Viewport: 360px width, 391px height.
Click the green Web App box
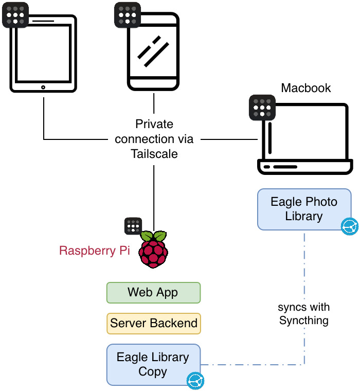click(x=153, y=293)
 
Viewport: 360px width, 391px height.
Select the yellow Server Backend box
click(x=153, y=324)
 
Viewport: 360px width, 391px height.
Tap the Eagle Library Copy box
click(x=153, y=364)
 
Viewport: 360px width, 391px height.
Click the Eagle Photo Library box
click(x=303, y=208)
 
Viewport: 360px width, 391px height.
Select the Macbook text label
click(x=305, y=88)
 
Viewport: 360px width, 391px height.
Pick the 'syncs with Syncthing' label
click(x=304, y=314)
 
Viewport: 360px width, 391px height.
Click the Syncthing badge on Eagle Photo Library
click(x=350, y=226)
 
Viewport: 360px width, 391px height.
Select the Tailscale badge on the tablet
click(x=15, y=15)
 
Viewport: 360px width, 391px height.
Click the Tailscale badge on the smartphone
click(x=127, y=15)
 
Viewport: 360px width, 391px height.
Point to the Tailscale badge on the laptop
click(x=262, y=108)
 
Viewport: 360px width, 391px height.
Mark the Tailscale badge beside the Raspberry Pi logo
click(x=133, y=226)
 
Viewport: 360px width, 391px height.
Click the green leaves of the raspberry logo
click(x=154, y=237)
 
